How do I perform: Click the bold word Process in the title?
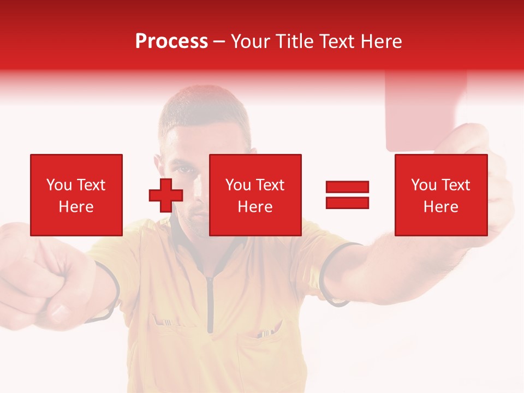point(171,41)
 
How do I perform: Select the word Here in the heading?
point(379,41)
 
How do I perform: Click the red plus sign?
point(166,195)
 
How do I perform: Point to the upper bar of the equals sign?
point(347,187)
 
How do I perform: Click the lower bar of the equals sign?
point(347,203)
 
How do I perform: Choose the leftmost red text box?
point(76,195)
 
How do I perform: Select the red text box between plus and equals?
point(255,195)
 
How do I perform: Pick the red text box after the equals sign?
point(441,195)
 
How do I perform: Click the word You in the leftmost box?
point(58,185)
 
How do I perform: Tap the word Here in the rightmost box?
point(441,207)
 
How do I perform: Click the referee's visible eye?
point(186,169)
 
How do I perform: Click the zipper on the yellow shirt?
point(210,306)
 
